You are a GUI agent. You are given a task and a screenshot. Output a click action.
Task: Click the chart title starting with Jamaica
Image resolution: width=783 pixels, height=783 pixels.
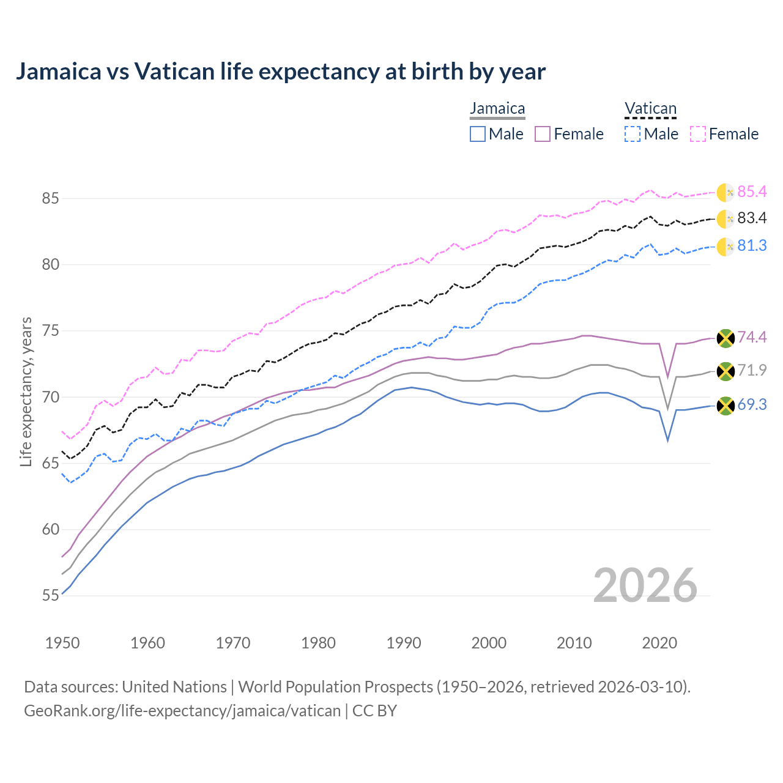pos(280,72)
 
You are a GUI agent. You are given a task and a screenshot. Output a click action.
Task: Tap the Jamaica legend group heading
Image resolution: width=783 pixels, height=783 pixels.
pos(497,109)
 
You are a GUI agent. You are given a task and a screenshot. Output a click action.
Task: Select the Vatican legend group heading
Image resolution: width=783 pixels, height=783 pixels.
pos(650,109)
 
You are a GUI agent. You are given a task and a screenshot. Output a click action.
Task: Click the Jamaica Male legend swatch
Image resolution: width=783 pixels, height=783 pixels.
pos(478,134)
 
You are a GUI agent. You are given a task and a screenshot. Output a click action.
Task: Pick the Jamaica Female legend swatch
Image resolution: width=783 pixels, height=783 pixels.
pos(543,134)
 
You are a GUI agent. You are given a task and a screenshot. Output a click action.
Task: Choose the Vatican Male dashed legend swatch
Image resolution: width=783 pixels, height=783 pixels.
pos(633,134)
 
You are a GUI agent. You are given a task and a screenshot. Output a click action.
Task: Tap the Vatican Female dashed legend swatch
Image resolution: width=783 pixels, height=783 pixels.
pos(698,134)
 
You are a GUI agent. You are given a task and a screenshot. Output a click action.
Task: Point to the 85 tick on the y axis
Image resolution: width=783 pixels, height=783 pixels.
pos(50,199)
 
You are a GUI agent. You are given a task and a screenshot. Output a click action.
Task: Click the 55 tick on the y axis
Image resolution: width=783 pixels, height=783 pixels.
pos(50,596)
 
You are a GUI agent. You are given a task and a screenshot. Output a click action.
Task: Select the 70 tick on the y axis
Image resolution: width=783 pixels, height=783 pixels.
pos(50,398)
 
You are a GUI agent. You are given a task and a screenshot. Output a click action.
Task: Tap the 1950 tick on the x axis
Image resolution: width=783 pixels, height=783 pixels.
pos(62,643)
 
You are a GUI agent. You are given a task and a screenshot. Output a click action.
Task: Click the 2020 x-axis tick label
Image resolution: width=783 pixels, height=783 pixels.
pos(659,643)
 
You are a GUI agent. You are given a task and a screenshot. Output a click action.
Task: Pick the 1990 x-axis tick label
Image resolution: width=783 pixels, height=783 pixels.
pos(404,643)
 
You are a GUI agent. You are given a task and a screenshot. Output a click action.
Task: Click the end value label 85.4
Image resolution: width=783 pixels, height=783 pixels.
pos(752,192)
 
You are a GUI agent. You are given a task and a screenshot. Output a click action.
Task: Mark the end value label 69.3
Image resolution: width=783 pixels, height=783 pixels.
pos(752,405)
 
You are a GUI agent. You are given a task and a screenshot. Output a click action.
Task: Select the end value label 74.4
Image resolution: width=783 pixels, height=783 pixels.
pos(752,338)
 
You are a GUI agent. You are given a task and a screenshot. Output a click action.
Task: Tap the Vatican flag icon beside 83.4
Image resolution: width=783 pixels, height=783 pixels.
pos(725,219)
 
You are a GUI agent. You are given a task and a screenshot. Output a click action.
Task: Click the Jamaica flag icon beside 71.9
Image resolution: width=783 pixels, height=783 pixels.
pos(725,371)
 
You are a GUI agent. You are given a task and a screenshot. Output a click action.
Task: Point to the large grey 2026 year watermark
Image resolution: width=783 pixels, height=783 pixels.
pos(645,585)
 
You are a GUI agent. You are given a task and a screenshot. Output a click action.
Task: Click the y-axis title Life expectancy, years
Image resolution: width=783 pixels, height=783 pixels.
pos(26,391)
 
